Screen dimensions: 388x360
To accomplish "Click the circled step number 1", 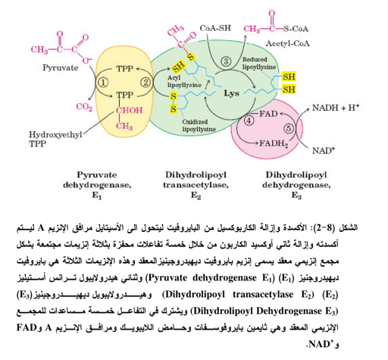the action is pos(103,83).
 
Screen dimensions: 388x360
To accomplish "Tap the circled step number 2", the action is pos(145,83).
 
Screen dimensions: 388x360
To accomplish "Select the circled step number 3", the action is pos(226,61).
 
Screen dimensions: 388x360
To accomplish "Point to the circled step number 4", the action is pos(249,121).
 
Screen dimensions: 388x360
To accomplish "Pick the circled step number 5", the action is pos(289,128).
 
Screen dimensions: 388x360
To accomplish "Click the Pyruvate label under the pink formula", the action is pos(60,67).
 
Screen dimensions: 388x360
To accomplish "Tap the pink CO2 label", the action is pos(84,107).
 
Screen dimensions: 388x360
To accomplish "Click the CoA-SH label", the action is pos(215,28).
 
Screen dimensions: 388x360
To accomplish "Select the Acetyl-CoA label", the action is pos(287,44).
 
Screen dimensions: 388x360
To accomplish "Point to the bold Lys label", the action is pos(231,93).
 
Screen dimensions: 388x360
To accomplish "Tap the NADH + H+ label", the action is pos(336,108).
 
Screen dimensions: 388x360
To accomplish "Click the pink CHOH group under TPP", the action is pos(129,111).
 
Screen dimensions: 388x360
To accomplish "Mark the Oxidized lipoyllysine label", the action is pos(199,126).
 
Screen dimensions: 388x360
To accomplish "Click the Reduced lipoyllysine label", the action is pos(259,63).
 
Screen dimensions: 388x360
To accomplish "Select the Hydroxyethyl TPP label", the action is pos(55,139).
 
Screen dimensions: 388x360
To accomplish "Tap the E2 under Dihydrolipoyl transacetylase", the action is pos(196,196).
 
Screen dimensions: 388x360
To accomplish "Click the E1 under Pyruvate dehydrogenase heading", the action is pos(97,196).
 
